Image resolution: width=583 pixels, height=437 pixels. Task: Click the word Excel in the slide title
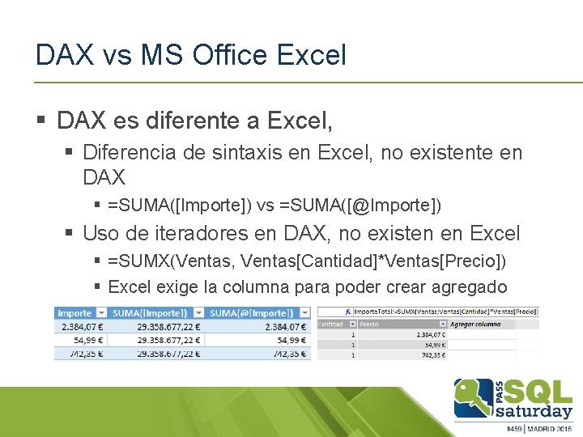click(312, 55)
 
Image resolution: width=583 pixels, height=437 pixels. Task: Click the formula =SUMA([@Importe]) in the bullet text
click(360, 206)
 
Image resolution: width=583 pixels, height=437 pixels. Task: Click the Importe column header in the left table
click(75, 313)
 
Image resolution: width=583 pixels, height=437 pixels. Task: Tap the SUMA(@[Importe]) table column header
click(249, 313)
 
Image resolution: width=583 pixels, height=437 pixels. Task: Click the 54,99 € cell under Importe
click(89, 341)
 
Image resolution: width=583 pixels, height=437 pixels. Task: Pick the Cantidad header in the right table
click(330, 323)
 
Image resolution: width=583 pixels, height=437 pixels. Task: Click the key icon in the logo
click(468, 397)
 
